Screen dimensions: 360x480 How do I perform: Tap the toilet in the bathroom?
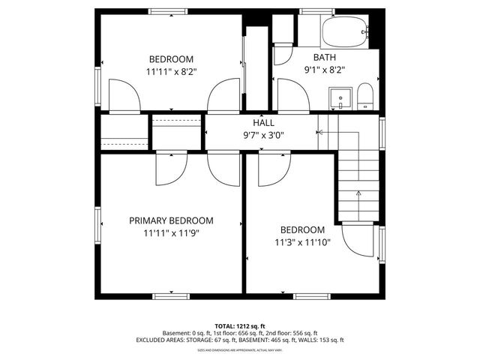tap(364, 97)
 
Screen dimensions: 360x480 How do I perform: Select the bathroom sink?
tap(341, 98)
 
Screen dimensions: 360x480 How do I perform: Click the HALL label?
tap(263, 123)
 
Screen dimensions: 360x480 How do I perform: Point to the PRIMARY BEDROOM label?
tap(171, 220)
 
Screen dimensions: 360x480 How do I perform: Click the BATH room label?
tap(325, 57)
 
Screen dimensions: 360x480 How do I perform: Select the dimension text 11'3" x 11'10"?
tap(302, 242)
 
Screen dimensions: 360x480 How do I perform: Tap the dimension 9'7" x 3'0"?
tap(263, 136)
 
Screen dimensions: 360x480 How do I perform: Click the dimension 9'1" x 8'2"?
tap(325, 70)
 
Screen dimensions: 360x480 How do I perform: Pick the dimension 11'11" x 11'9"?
tap(171, 233)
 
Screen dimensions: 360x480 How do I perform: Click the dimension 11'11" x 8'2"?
tap(171, 72)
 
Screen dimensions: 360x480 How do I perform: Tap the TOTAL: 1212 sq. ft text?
tap(240, 326)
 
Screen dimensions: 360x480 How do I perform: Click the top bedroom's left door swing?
tap(124, 96)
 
